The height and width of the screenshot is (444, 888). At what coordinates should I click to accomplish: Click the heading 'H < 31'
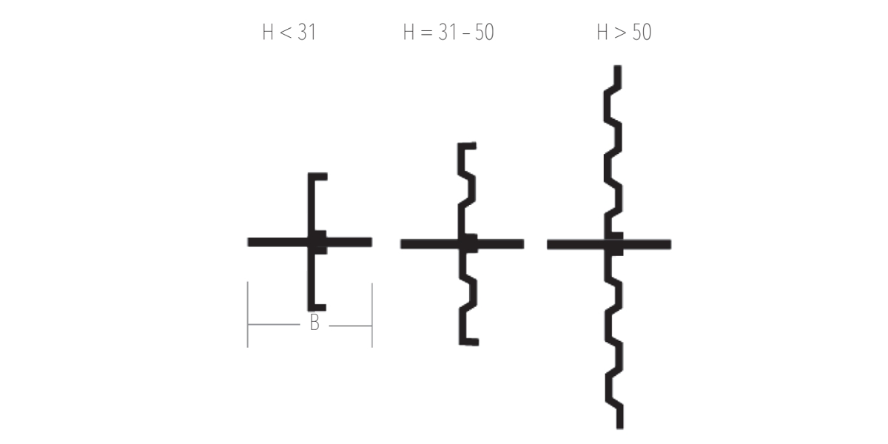(289, 32)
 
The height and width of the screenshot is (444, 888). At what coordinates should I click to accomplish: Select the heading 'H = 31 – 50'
(448, 32)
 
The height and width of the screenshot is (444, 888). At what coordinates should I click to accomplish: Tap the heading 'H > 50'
(624, 32)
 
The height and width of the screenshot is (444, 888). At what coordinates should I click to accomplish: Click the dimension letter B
(314, 323)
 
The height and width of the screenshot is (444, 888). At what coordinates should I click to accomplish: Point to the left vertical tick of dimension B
(248, 314)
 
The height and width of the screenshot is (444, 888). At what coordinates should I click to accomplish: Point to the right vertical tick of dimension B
(372, 315)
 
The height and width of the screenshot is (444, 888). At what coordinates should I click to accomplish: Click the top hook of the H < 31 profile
(317, 176)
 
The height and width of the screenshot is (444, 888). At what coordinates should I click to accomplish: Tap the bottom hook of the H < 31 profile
(317, 307)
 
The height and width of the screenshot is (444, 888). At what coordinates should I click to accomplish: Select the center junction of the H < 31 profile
(317, 242)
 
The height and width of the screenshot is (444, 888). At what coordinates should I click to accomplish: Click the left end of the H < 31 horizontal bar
(249, 242)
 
